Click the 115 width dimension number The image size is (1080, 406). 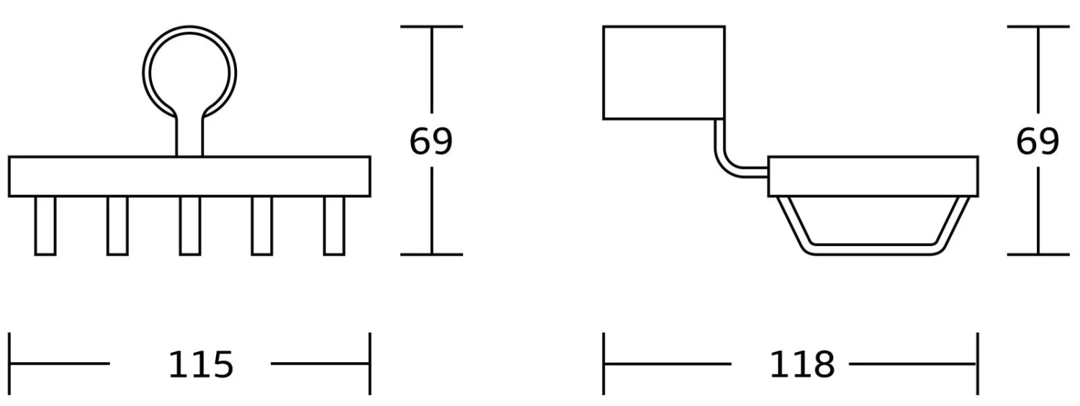pos(201,365)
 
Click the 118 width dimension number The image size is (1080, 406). pos(802,365)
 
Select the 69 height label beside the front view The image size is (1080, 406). pos(431,142)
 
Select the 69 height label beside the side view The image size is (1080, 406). pos(1037,142)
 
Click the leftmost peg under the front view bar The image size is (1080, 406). pos(45,225)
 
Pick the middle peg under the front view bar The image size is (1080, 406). pos(190,225)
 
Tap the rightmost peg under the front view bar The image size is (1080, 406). pos(334,225)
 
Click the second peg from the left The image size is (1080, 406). pos(117,225)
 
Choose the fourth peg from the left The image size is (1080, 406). pos(262,225)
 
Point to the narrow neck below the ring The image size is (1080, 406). pos(189,137)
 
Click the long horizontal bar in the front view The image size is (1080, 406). pos(189,176)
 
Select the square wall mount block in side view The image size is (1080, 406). pos(663,72)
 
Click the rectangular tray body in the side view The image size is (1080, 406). pos(873,176)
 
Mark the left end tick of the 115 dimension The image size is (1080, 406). pos(10,364)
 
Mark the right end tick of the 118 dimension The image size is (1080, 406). pos(977,364)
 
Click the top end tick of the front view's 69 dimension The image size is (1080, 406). pos(431,27)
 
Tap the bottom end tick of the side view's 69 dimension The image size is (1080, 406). pos(1038,254)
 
